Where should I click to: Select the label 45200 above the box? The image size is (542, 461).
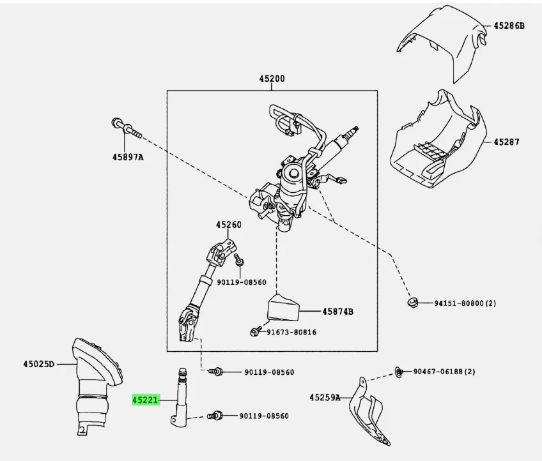[272, 79]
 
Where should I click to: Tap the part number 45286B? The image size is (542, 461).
[508, 26]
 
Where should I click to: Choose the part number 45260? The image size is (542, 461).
[228, 225]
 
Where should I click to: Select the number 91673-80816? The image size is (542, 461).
[291, 332]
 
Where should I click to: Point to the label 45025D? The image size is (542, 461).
[36, 365]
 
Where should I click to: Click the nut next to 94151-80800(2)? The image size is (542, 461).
[413, 301]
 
